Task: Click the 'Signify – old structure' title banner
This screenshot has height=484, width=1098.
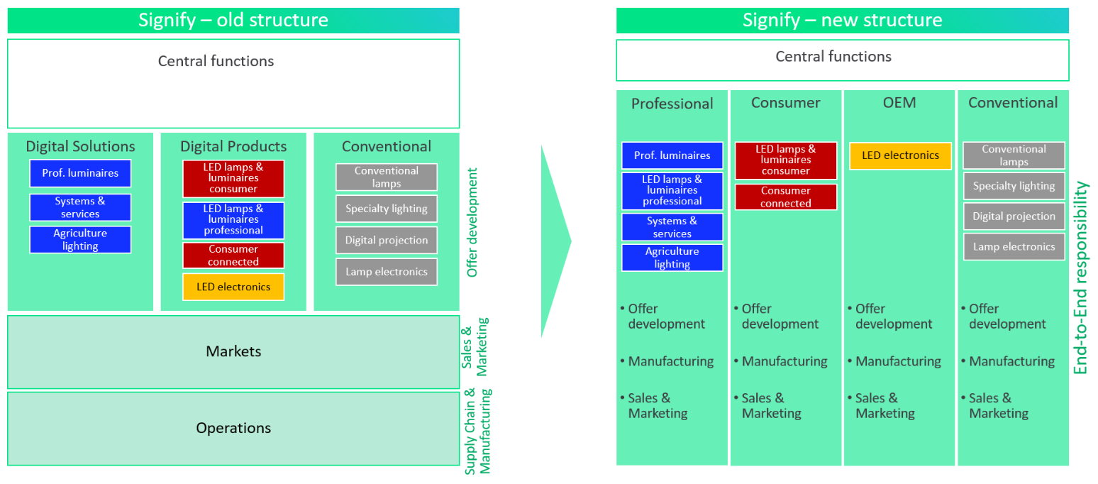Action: pos(233,20)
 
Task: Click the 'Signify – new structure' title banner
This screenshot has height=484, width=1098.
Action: pos(842,20)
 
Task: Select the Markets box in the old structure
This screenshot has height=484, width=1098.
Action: pos(233,351)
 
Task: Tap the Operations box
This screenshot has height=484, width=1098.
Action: pos(233,428)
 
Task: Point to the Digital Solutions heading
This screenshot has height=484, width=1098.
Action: pos(80,146)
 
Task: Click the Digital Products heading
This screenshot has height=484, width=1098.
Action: pos(233,146)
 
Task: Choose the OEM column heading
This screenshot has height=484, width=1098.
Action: pos(899,103)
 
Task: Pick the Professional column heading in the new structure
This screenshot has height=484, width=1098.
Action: pos(672,104)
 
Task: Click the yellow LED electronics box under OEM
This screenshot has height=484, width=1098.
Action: pos(900,155)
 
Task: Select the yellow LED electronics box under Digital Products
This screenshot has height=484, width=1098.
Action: pos(233,287)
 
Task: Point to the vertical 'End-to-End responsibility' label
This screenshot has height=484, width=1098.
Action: pos(1082,277)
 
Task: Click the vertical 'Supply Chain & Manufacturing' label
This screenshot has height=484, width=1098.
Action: pos(478,431)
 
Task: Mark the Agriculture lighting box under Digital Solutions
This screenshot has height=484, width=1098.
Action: pos(80,240)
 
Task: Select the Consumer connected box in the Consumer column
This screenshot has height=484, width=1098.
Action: pos(785,197)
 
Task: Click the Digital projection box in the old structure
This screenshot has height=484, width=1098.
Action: pos(387,240)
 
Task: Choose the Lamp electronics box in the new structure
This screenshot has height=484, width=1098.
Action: pos(1014,246)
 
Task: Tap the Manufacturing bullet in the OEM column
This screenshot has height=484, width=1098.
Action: pos(898,361)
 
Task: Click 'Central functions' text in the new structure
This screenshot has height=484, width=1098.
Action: pos(833,56)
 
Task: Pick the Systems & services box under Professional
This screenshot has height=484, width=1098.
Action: pos(672,227)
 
